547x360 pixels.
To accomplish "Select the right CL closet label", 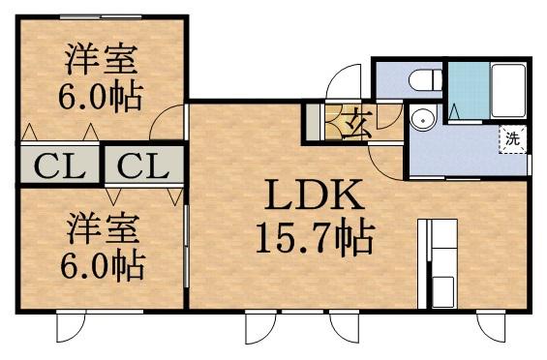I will tap(142, 165).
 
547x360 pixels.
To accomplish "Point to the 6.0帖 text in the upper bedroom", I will tap(102, 97).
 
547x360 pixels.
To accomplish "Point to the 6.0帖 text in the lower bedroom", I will tap(102, 264).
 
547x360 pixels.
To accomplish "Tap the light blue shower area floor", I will tap(466, 92).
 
